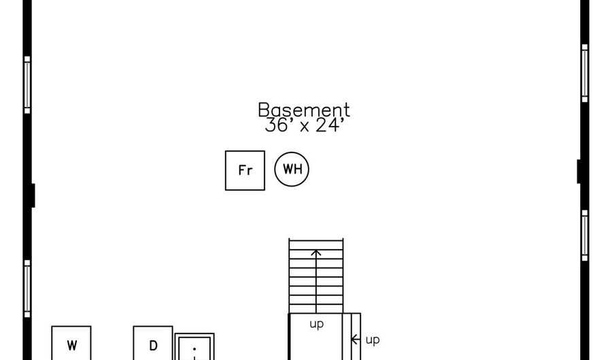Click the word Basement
[304, 110]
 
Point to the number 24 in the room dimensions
[327, 125]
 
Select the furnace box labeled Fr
[245, 171]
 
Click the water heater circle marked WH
[292, 169]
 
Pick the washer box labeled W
[71, 343]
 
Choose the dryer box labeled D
[153, 343]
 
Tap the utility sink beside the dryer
[194, 346]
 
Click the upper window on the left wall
[27, 85]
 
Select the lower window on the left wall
[27, 289]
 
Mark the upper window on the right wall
[585, 73]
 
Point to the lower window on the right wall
[585, 235]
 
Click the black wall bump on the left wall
[33, 195]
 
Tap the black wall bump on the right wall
[579, 171]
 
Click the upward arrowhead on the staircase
[316, 253]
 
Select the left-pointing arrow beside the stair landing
[356, 340]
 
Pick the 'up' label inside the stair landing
[316, 325]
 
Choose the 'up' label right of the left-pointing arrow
[373, 340]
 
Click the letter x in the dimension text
[305, 127]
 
